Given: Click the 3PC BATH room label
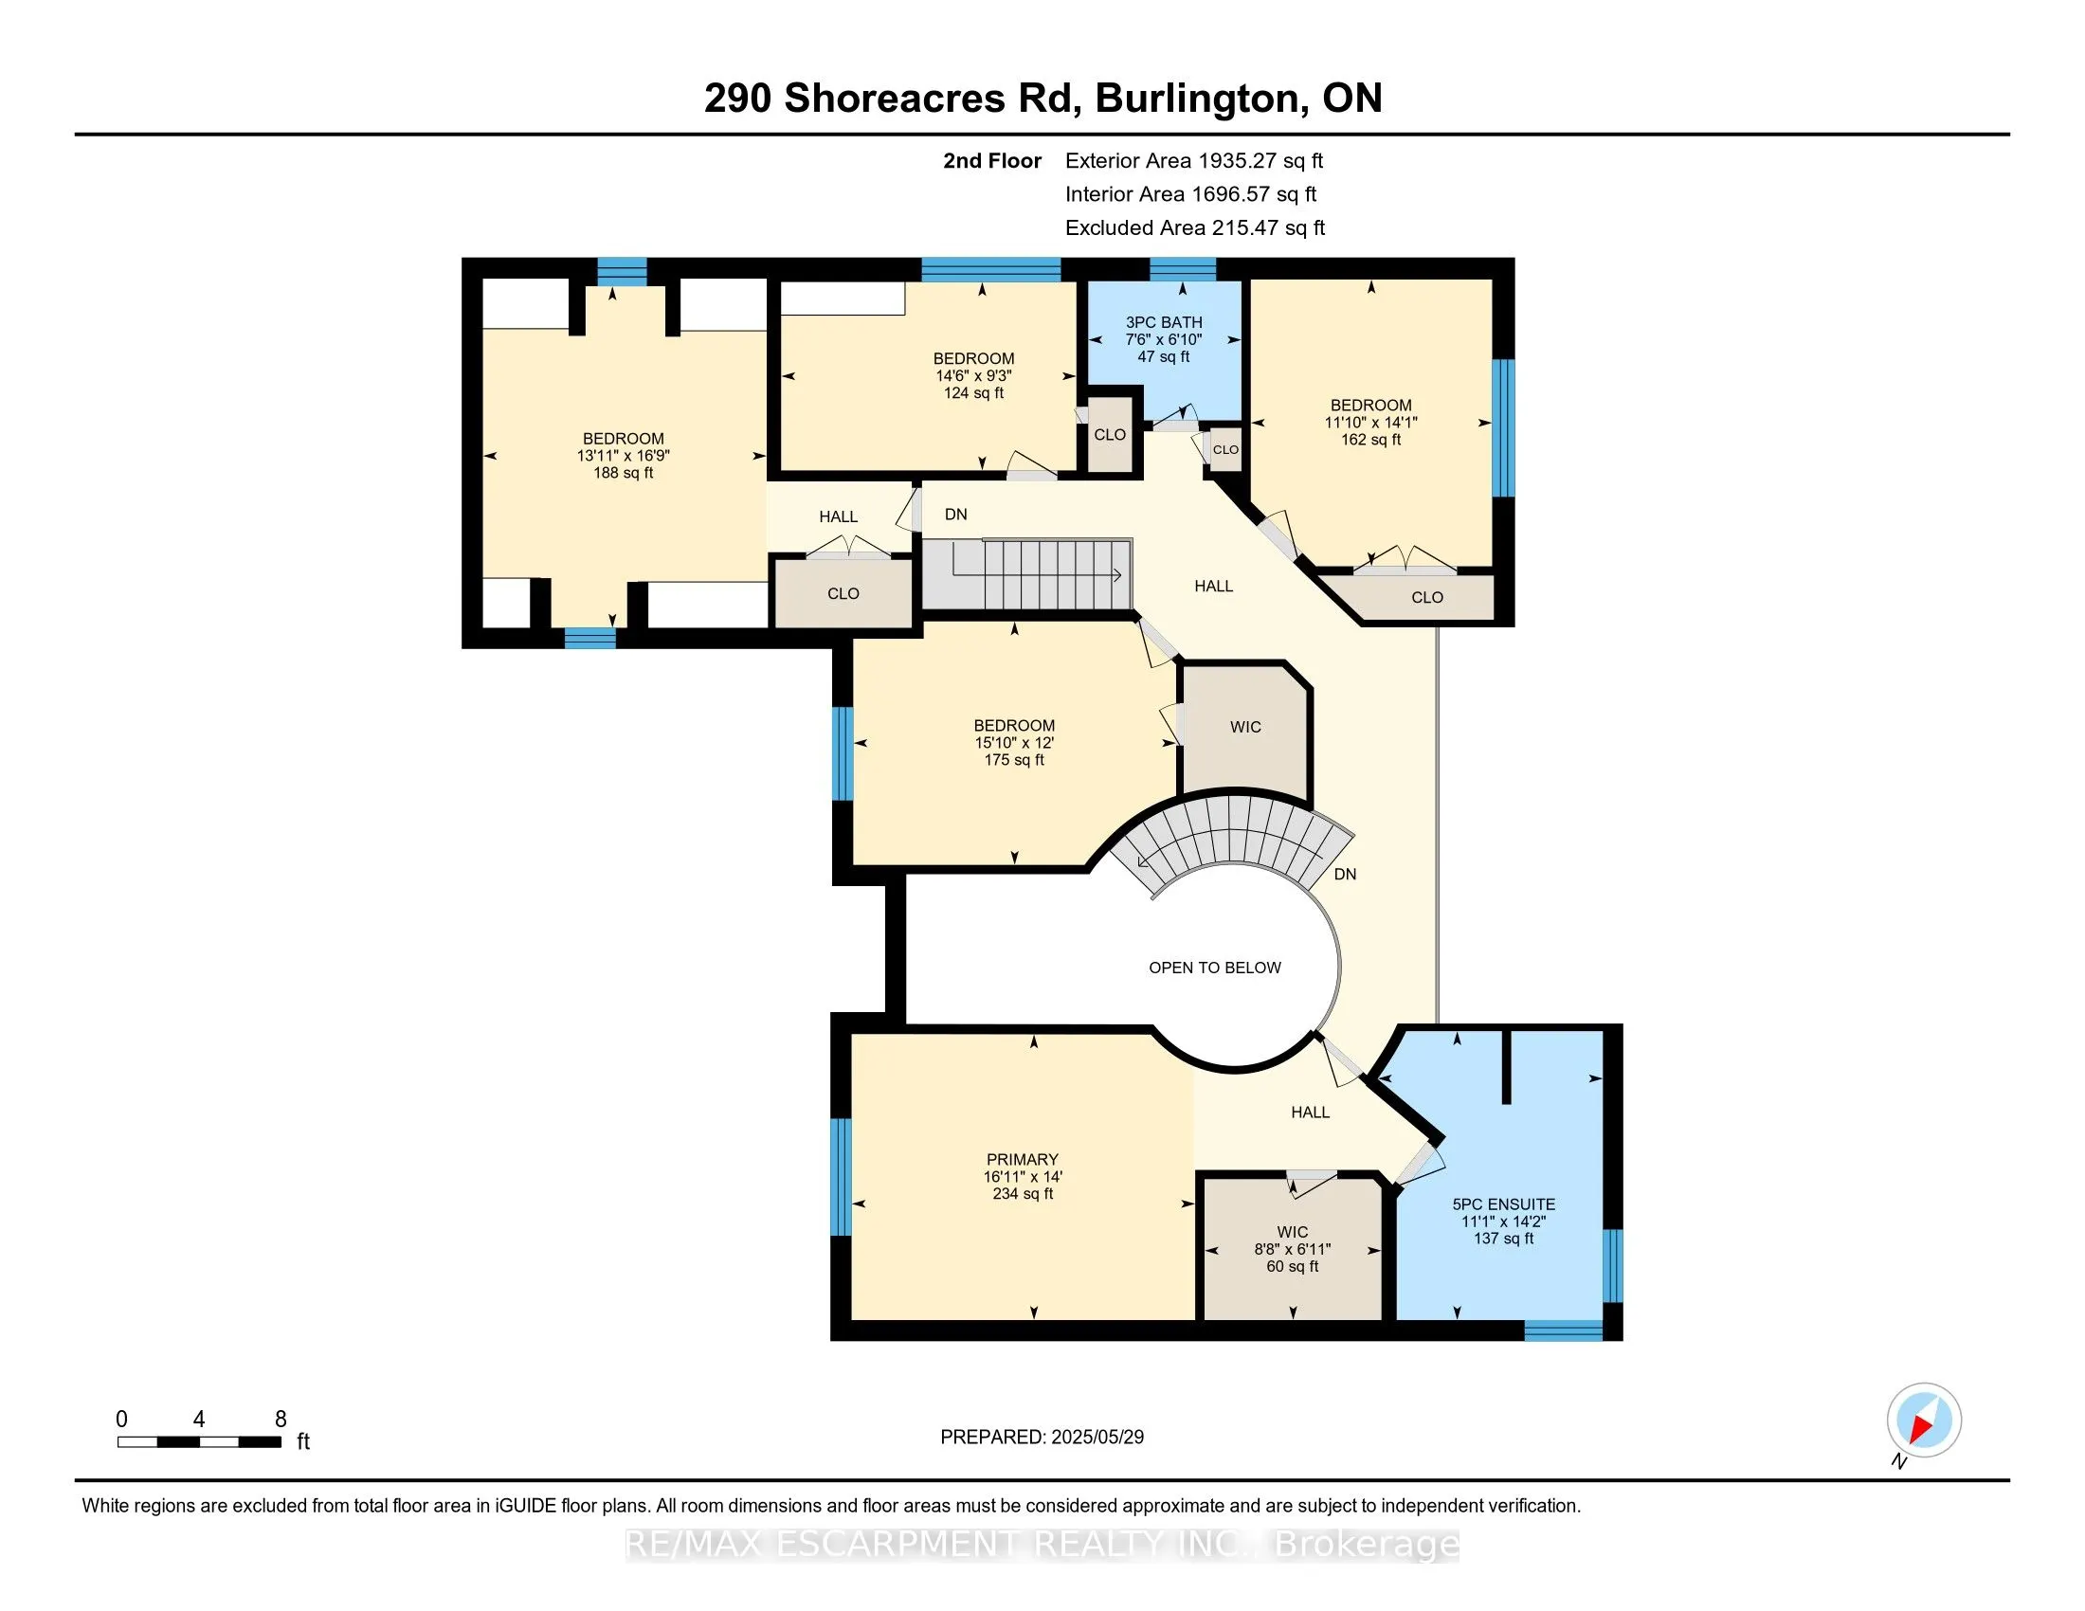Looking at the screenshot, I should pyautogui.click(x=1163, y=322).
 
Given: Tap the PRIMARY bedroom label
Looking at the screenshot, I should pyautogui.click(x=1022, y=1159).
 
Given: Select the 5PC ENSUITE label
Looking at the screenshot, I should pyautogui.click(x=1503, y=1204).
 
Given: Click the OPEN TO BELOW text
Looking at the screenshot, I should pyautogui.click(x=1213, y=968).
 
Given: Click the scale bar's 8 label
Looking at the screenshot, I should pyautogui.click(x=280, y=1420).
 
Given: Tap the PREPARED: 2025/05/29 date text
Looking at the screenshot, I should pyautogui.click(x=1042, y=1438).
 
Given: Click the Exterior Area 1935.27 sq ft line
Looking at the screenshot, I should pyautogui.click(x=1193, y=161).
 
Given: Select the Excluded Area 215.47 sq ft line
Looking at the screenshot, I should pyautogui.click(x=1194, y=228).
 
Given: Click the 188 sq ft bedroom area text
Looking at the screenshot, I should pyautogui.click(x=623, y=473).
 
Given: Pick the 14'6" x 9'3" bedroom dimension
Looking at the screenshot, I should pyautogui.click(x=972, y=376).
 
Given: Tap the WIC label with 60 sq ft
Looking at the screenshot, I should pyautogui.click(x=1292, y=1232).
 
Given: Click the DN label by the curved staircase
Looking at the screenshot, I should pyautogui.click(x=1344, y=875).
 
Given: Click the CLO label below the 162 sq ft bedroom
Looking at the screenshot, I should pyautogui.click(x=1426, y=597).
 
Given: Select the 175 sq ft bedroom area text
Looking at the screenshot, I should pyautogui.click(x=1014, y=760).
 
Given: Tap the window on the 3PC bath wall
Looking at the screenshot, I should pyautogui.click(x=1182, y=269).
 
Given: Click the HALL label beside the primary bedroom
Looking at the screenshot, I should pyautogui.click(x=1310, y=1112).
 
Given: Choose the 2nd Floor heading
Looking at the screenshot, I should pyautogui.click(x=991, y=161).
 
